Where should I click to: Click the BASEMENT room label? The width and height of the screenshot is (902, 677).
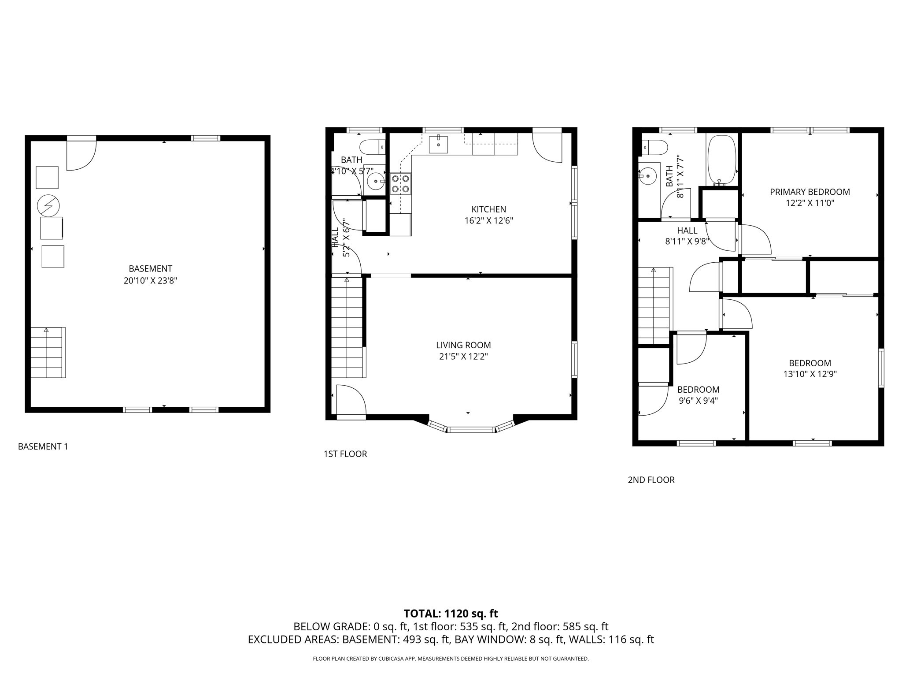pos(150,268)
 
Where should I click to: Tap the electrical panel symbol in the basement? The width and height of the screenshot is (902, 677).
pos(48,205)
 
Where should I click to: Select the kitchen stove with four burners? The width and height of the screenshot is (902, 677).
pos(400,184)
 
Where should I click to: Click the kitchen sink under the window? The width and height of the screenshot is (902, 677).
pos(438,144)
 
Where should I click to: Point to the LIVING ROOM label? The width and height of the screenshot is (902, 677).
pos(463,345)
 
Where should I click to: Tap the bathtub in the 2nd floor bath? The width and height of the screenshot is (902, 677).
pos(721,160)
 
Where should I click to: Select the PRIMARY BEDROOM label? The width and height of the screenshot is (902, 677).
pos(810,192)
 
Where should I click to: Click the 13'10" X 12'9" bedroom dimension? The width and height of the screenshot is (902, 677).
pos(810,374)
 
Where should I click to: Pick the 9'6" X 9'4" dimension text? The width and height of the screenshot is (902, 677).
pos(698,401)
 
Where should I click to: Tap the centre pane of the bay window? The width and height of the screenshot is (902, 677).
pos(471,429)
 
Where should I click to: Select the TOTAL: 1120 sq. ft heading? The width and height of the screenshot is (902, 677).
pos(451,613)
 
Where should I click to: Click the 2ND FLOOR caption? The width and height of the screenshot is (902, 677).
pos(651,480)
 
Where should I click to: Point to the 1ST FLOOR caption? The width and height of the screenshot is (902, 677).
pos(345,454)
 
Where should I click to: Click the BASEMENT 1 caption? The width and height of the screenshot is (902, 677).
pos(43,446)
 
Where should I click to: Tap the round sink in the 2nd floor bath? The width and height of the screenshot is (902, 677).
pos(647,176)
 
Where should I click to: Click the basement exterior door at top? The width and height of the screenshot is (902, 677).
pos(81,153)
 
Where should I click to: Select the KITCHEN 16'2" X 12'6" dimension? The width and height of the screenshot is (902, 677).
pos(488,220)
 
